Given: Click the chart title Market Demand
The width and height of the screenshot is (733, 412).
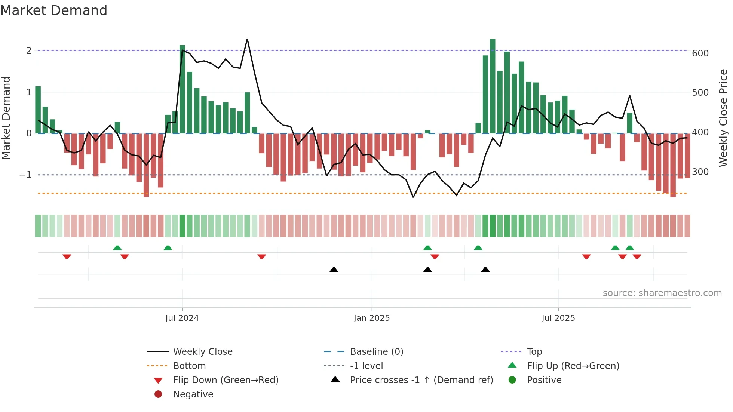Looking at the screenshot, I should pos(54,10).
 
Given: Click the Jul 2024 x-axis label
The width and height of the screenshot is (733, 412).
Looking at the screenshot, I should pos(182,318).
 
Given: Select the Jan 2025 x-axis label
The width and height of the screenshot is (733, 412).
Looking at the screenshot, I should pos(371,318).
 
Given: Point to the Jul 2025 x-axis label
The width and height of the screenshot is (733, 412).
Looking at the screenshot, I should pos(558,318).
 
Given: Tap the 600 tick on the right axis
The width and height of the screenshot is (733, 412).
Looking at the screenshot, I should pos(700,53).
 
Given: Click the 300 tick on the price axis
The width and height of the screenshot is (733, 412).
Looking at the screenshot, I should pos(700,172).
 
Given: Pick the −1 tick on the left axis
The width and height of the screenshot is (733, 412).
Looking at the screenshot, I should pos(25,175).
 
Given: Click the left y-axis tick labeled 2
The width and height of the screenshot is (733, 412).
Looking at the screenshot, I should pos(29,51).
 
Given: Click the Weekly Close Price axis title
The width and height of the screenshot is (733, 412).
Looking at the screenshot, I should pos(723,118).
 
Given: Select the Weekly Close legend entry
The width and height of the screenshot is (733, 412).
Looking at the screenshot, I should pos(202,352).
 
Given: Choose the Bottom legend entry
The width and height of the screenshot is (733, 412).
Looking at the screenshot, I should pos(189,366).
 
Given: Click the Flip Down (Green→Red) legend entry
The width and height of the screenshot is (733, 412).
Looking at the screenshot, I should pos(226,380).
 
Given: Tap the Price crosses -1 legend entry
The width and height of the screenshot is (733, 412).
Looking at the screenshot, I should pos(421,380).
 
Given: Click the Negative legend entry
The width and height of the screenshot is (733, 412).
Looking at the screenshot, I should pos(193,394).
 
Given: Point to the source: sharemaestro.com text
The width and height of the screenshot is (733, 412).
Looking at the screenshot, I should pos(662,293).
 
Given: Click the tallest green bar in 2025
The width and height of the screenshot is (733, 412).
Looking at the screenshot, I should pos(493,86).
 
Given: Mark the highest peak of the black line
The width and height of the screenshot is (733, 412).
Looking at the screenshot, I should pos(247,39).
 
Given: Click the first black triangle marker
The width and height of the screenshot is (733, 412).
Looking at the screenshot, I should pos(334,270).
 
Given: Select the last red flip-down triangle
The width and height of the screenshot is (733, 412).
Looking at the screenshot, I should pos(637,256).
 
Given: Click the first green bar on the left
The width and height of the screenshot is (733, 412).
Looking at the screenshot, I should pos(38,110).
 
